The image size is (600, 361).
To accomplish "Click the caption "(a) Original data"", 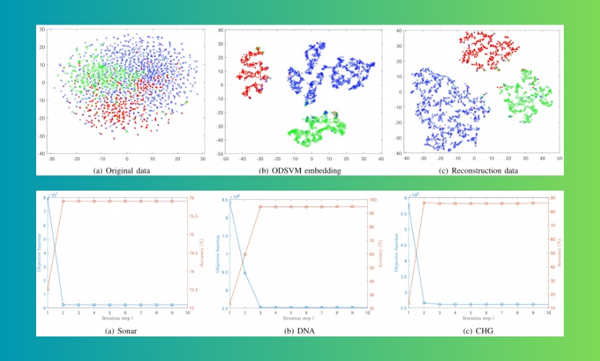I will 121,170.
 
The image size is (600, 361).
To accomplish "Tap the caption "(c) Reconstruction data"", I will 479,170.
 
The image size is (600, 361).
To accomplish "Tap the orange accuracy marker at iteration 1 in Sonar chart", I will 48,290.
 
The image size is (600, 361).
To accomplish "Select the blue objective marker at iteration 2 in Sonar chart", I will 64,305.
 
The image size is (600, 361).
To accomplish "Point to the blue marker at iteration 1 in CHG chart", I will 409,205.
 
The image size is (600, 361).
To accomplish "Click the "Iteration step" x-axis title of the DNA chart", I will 298,318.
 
